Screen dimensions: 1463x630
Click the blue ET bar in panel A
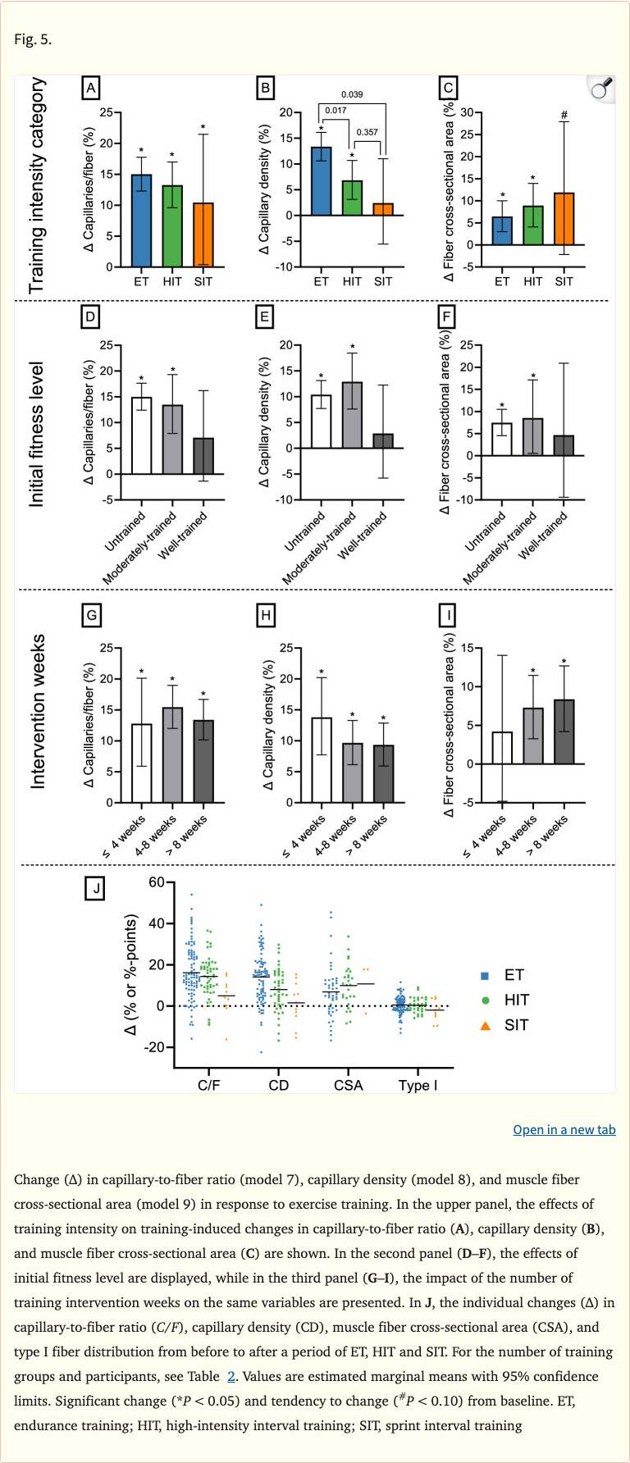141,221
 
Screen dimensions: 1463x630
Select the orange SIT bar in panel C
564,220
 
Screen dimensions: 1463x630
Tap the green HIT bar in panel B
352,198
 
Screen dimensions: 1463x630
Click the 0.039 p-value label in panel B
352,95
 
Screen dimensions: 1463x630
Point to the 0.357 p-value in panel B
367,132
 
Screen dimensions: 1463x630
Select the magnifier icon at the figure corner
601,89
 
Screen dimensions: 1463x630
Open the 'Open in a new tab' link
564,1130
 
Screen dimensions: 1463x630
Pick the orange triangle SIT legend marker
485,1025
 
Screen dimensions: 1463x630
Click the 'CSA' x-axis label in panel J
348,1085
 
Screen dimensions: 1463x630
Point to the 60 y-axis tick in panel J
157,882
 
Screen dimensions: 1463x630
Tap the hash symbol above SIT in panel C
564,116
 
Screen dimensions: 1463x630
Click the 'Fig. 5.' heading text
33,39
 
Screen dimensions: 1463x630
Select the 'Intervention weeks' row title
38,712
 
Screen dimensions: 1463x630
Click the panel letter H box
266,615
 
